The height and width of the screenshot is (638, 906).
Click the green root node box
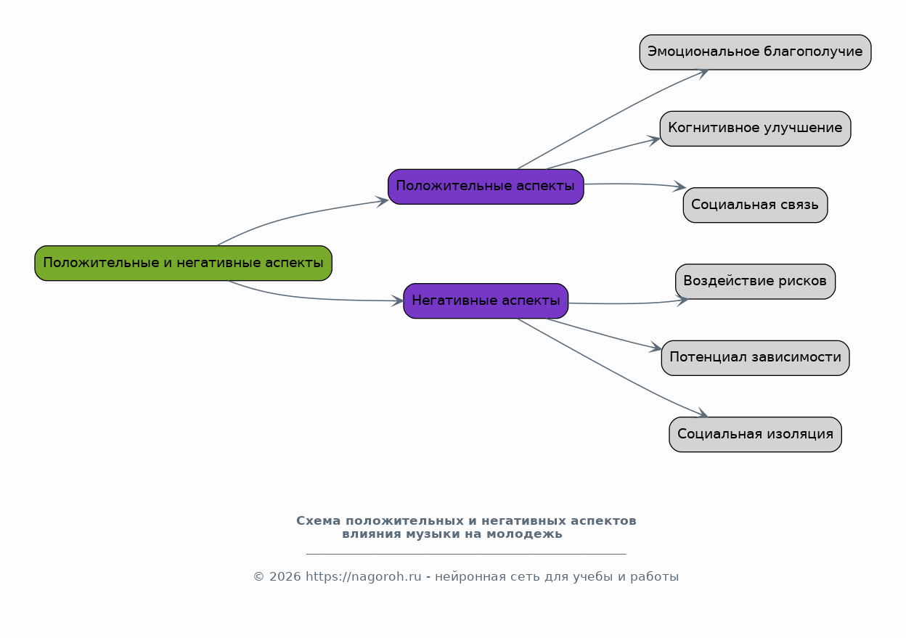tap(183, 263)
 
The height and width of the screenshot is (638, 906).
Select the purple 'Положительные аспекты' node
tap(486, 187)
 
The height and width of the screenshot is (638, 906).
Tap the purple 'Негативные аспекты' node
tap(486, 300)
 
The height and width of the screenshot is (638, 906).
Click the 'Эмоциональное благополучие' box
tap(755, 52)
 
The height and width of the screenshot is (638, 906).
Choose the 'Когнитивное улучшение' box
tap(755, 128)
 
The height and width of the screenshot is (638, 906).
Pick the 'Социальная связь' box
tap(755, 205)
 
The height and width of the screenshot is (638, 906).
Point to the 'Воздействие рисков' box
tap(755, 282)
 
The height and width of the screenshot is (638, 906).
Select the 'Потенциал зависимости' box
tap(755, 358)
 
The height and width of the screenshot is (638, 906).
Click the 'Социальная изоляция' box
tap(755, 435)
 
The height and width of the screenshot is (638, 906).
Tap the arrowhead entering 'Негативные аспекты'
tap(398, 300)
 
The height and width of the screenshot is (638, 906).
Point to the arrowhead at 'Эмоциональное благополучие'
tap(702, 73)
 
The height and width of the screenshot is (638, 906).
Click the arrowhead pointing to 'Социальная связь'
tap(679, 187)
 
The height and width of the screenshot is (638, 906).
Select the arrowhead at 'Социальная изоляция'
tap(701, 413)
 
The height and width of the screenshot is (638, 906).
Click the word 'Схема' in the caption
tap(318, 520)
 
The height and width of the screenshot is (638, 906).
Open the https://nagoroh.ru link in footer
tap(363, 576)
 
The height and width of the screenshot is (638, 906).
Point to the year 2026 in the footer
tap(285, 576)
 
